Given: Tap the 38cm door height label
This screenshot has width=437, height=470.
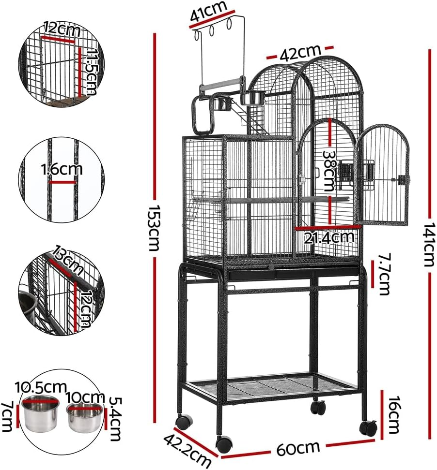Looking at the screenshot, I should coord(329,170).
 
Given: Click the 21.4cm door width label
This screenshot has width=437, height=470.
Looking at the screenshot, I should coord(329,237).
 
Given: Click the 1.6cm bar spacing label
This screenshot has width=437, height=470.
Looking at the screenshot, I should coord(62,170).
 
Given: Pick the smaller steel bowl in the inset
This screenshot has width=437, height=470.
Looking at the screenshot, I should coord(84,417).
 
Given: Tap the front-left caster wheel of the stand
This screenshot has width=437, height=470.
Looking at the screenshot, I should coord(224,442).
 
